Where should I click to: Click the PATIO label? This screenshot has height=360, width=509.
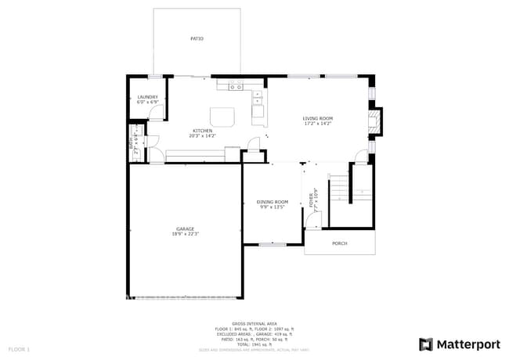click(197, 38)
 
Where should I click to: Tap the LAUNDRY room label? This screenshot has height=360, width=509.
click(148, 97)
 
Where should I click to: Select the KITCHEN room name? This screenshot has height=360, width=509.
click(203, 131)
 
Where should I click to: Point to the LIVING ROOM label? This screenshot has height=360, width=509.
click(318, 119)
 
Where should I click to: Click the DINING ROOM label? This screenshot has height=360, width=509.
click(273, 202)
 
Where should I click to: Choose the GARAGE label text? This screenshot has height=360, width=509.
click(185, 229)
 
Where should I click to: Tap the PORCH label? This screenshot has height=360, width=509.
click(340, 243)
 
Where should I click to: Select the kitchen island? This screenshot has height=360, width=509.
click(222, 117)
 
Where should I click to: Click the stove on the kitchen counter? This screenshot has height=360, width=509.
click(236, 85)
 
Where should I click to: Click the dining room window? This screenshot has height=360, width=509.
click(272, 244)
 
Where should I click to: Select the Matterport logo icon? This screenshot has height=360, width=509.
click(426, 344)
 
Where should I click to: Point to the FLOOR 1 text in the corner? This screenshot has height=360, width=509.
click(19, 348)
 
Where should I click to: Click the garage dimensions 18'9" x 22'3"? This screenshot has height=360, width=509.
click(186, 234)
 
